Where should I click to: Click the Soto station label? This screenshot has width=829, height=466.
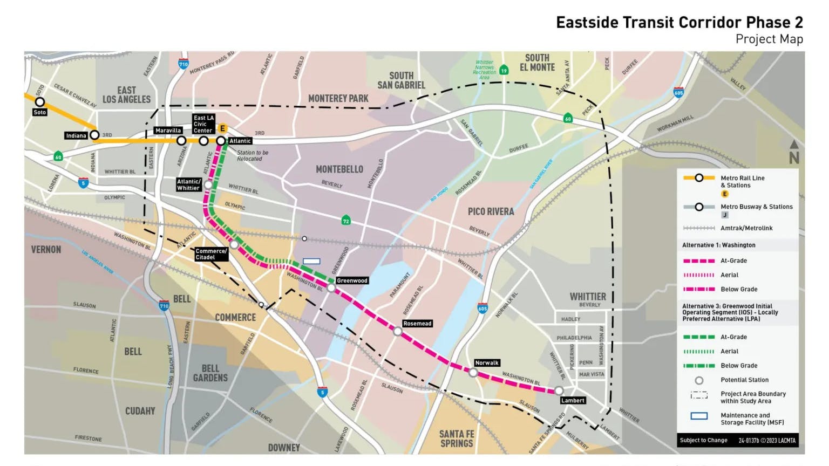pos(39,112)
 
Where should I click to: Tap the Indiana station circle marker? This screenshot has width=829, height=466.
pos(94,135)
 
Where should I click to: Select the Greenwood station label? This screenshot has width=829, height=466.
pos(352,280)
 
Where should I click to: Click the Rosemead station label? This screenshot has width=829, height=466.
pos(417,324)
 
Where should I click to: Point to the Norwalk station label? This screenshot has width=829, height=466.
pos(486,363)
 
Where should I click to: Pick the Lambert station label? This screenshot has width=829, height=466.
pos(573,400)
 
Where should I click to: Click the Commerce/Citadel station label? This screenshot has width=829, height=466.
pos(211,254)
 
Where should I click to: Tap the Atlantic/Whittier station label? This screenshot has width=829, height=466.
pos(189,185)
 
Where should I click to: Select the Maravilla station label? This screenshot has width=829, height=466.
pos(168,131)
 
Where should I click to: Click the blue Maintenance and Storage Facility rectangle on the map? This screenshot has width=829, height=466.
pos(311,261)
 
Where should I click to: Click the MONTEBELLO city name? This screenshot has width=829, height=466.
pos(339,169)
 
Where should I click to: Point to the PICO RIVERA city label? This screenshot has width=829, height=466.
pos(491,211)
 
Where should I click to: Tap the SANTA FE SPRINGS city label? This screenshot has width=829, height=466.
pos(457,438)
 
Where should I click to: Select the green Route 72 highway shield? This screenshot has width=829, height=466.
pos(346,221)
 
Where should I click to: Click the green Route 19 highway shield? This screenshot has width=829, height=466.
pos(504,70)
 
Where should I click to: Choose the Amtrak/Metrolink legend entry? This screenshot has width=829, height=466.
pos(746,228)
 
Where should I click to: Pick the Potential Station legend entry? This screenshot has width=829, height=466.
pos(744,380)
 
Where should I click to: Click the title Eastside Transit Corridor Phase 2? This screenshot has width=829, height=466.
pos(679,23)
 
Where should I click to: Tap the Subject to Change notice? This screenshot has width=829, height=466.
pos(703,440)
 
